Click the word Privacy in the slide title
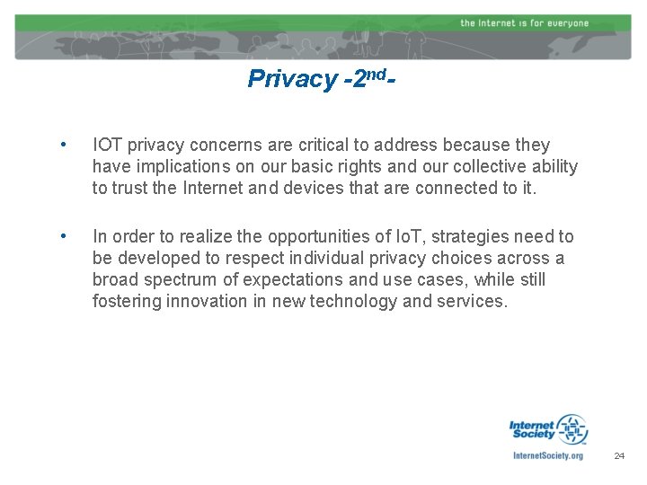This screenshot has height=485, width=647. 279,80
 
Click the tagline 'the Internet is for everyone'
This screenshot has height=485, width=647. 524,22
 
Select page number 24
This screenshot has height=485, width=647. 618,456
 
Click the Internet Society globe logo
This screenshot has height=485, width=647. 572,430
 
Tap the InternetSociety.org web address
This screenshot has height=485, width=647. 547,455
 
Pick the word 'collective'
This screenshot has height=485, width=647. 469,167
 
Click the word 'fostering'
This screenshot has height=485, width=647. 126,302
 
